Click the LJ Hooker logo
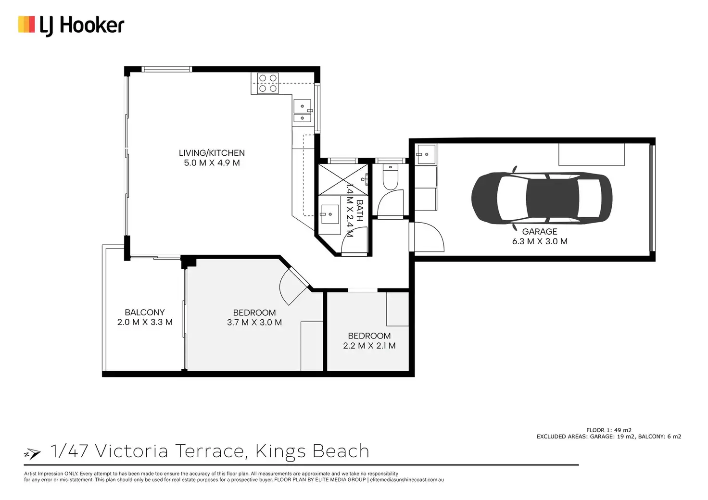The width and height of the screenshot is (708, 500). pos(71,26)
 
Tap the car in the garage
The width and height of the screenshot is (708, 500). pos(542,199)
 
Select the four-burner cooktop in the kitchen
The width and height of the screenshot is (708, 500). pos(268,83)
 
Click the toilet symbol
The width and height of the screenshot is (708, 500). pos(391,177)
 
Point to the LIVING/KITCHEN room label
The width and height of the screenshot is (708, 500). pos(212,153)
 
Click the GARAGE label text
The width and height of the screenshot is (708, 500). pos(540,232)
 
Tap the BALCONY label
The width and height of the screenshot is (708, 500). pos(145,312)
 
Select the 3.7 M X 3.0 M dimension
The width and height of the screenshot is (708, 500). pos(254,323)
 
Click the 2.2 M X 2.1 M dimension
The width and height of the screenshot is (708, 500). pos(369,346)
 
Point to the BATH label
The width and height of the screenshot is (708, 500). pos(359,211)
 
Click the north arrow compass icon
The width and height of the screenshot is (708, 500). pos(32,454)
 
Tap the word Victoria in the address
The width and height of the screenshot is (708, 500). pos(131,451)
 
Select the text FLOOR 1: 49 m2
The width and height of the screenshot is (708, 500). pos(609,430)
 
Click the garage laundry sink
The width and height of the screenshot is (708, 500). pos(426,154)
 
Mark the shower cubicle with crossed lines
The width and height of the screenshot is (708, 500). pos(343,179)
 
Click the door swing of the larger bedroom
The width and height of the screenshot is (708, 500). pos(294,286)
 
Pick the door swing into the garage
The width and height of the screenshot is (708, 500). pos(428,237)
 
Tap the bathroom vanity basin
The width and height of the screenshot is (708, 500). pos(330,214)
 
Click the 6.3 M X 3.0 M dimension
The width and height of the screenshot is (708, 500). pos(540,241)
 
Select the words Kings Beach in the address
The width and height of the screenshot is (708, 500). pos(312,451)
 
